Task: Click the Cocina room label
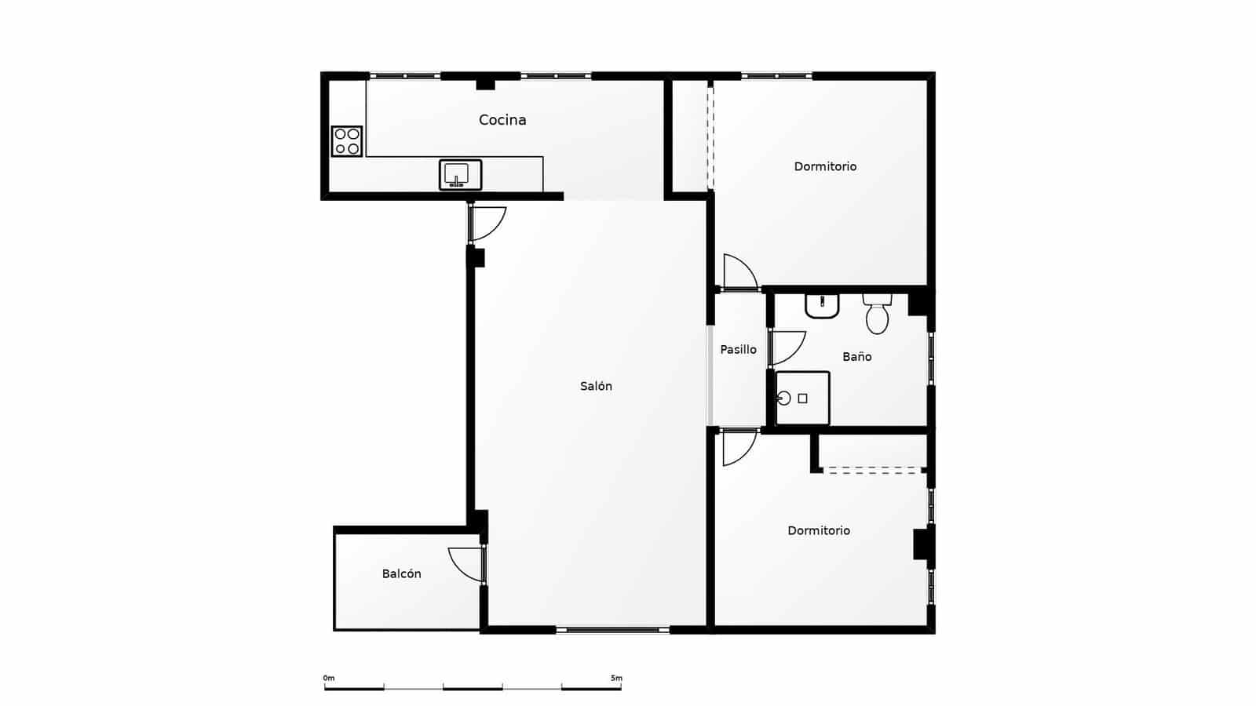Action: click(502, 120)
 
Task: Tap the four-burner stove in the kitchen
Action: click(347, 141)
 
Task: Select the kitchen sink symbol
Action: click(460, 174)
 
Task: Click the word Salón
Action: click(596, 386)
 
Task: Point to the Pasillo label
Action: click(739, 349)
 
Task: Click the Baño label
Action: click(857, 356)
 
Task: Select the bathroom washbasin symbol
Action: click(822, 306)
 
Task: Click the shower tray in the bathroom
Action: click(802, 398)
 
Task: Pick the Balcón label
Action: click(402, 573)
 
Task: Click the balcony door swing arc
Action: click(465, 563)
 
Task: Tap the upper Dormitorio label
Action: click(825, 166)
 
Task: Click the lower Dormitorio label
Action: click(819, 530)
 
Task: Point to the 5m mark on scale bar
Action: click(617, 679)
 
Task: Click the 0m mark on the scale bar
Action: click(328, 679)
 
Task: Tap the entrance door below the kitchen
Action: click(487, 223)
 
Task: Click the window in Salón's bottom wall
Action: click(613, 629)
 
